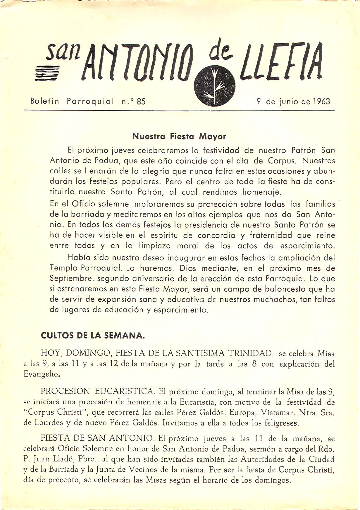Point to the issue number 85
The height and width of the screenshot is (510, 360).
click(x=141, y=102)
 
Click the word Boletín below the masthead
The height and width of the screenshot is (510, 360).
click(x=45, y=101)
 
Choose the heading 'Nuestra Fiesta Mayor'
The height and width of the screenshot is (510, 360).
click(x=179, y=136)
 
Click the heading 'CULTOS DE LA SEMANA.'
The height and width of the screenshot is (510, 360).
click(x=93, y=336)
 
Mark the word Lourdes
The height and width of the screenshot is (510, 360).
click(x=49, y=423)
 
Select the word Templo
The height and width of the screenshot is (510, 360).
click(x=63, y=268)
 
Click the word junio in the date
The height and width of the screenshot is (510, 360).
click(x=289, y=102)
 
